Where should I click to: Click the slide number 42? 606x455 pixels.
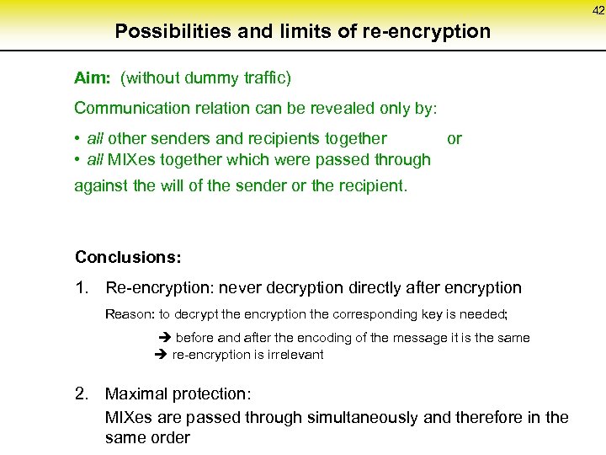point(598,10)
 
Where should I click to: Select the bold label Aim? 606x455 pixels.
point(93,78)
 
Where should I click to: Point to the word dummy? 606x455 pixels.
point(199,78)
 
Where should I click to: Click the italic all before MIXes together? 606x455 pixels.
point(95,159)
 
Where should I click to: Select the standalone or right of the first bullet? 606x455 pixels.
point(454,138)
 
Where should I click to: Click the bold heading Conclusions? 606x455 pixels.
point(128,257)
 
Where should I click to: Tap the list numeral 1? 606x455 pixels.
point(82,288)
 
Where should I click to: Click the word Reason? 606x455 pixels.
point(130,314)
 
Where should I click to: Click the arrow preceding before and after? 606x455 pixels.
point(165,338)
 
